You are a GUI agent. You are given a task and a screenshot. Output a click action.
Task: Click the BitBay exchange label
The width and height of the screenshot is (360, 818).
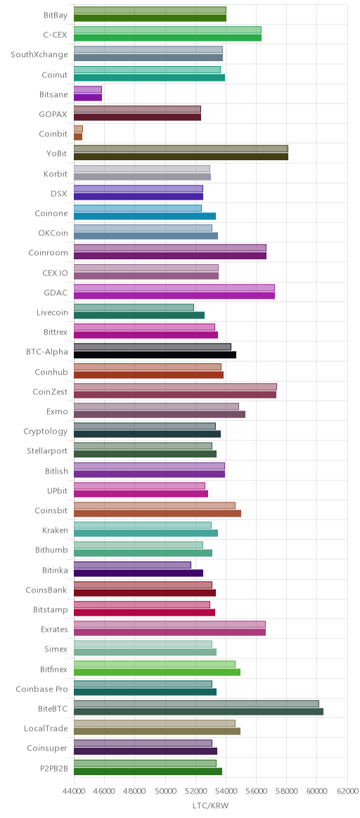[56, 15]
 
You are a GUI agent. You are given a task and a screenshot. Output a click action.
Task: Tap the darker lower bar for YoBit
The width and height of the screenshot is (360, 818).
[181, 157]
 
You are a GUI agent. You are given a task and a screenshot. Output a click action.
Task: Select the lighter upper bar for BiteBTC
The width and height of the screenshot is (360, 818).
[196, 703]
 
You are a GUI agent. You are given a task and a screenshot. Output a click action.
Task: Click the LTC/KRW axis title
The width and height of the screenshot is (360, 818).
[211, 806]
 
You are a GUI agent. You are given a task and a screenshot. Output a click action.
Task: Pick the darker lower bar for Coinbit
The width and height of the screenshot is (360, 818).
[78, 137]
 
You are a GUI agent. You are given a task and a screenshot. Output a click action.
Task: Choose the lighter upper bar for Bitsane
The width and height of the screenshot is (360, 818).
[88, 90]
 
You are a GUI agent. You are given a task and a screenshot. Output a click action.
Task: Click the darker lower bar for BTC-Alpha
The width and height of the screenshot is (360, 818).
[155, 355]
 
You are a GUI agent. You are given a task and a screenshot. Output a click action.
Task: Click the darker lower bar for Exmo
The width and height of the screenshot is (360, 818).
[160, 414]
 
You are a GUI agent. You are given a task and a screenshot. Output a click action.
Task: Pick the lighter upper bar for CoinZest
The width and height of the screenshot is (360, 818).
[175, 387]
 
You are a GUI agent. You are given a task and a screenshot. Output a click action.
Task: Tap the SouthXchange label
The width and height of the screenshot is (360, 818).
[39, 55]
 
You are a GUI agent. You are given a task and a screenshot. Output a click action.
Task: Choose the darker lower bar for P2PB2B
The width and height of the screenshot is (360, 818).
[148, 771]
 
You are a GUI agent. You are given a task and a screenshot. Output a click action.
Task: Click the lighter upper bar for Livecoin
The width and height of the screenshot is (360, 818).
[134, 308]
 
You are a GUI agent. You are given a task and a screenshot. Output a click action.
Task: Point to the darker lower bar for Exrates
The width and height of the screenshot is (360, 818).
[170, 632]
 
